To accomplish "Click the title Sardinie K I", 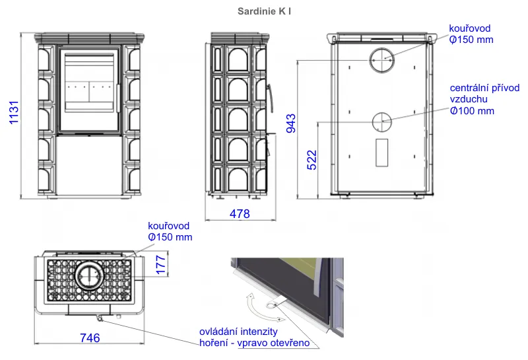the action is pyautogui.click(x=264, y=11).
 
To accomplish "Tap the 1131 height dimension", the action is pyautogui.click(x=14, y=112).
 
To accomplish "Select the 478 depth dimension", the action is pyautogui.click(x=240, y=214).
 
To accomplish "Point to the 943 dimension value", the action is pyautogui.click(x=291, y=124).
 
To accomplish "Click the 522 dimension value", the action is pyautogui.click(x=312, y=160).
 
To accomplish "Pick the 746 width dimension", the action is pyautogui.click(x=90, y=338).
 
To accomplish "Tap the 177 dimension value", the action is pyautogui.click(x=161, y=265).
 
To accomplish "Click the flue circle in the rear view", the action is pyautogui.click(x=382, y=60).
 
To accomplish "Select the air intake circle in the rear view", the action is pyautogui.click(x=382, y=122).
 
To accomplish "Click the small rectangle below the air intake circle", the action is pyautogui.click(x=382, y=153).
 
